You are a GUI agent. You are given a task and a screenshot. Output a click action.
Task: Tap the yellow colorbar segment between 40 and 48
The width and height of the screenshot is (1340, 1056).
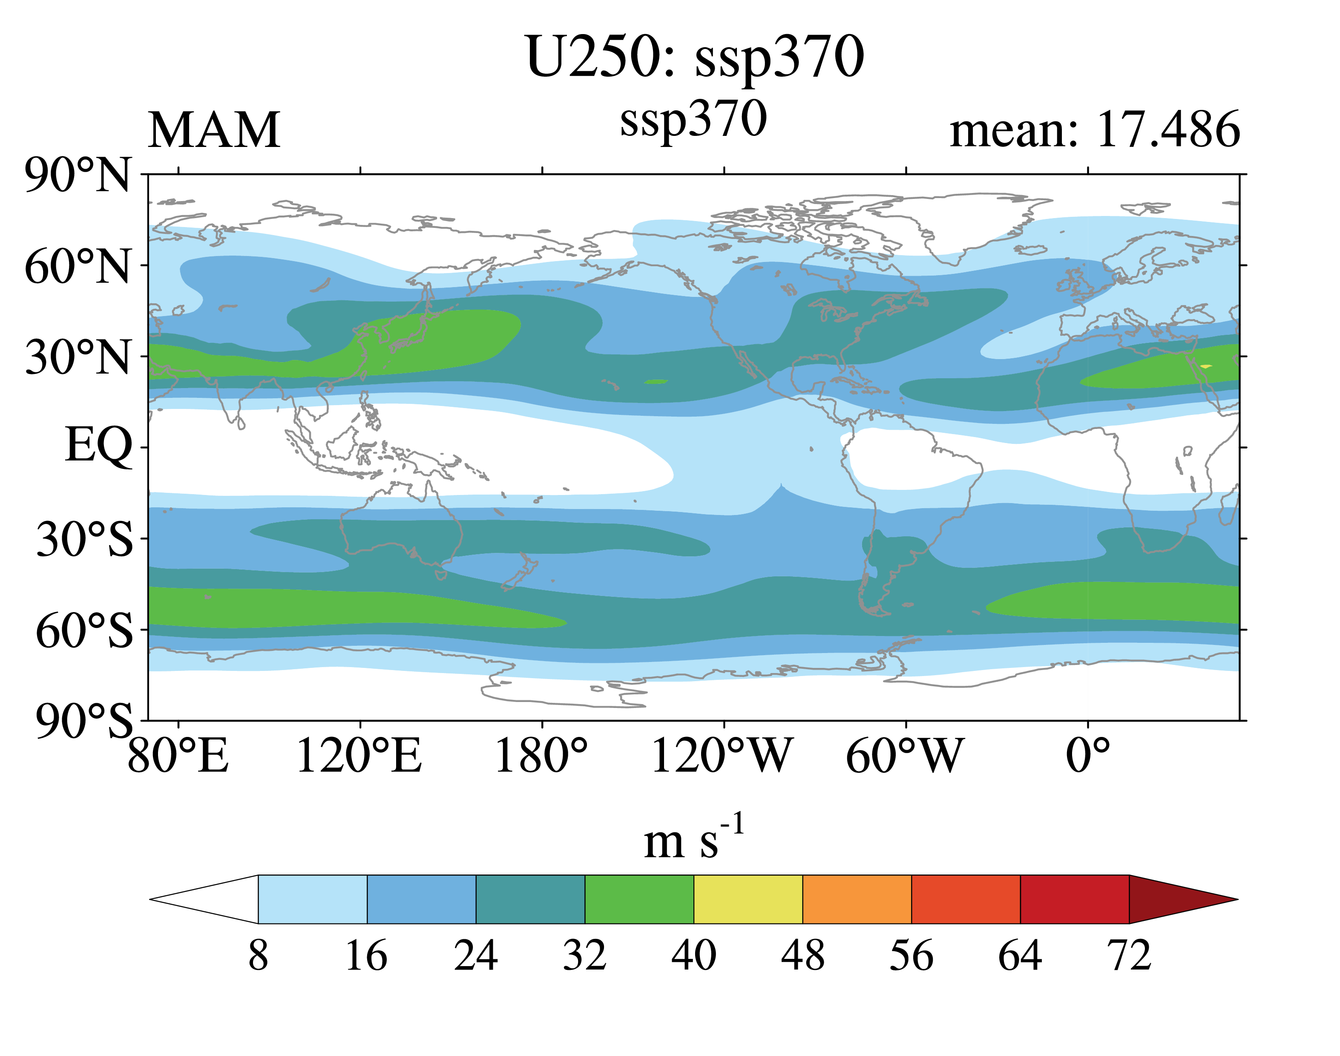pos(748,900)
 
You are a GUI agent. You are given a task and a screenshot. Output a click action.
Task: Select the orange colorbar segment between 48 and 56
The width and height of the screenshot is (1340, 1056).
pos(857,900)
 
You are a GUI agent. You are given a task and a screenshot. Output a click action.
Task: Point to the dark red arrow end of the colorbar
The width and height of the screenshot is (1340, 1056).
pos(1174,900)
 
